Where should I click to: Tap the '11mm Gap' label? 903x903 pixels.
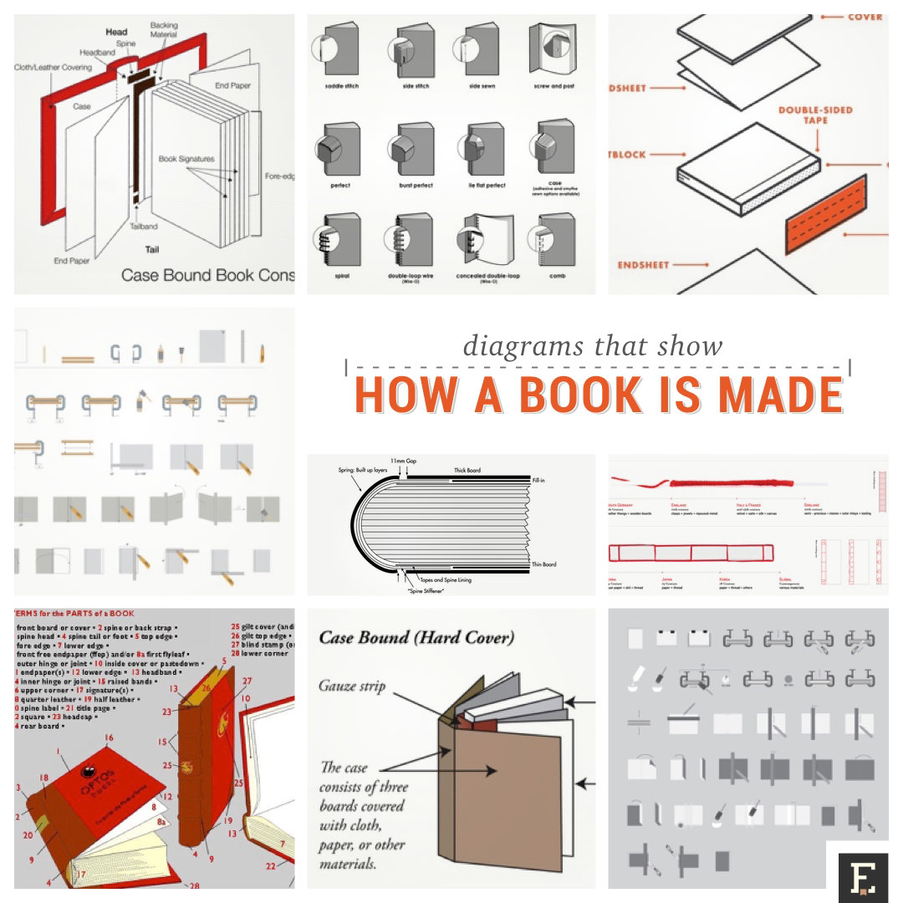pos(407,461)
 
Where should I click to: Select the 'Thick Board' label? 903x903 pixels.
pos(467,471)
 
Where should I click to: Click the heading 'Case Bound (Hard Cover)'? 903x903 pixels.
pos(416,638)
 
